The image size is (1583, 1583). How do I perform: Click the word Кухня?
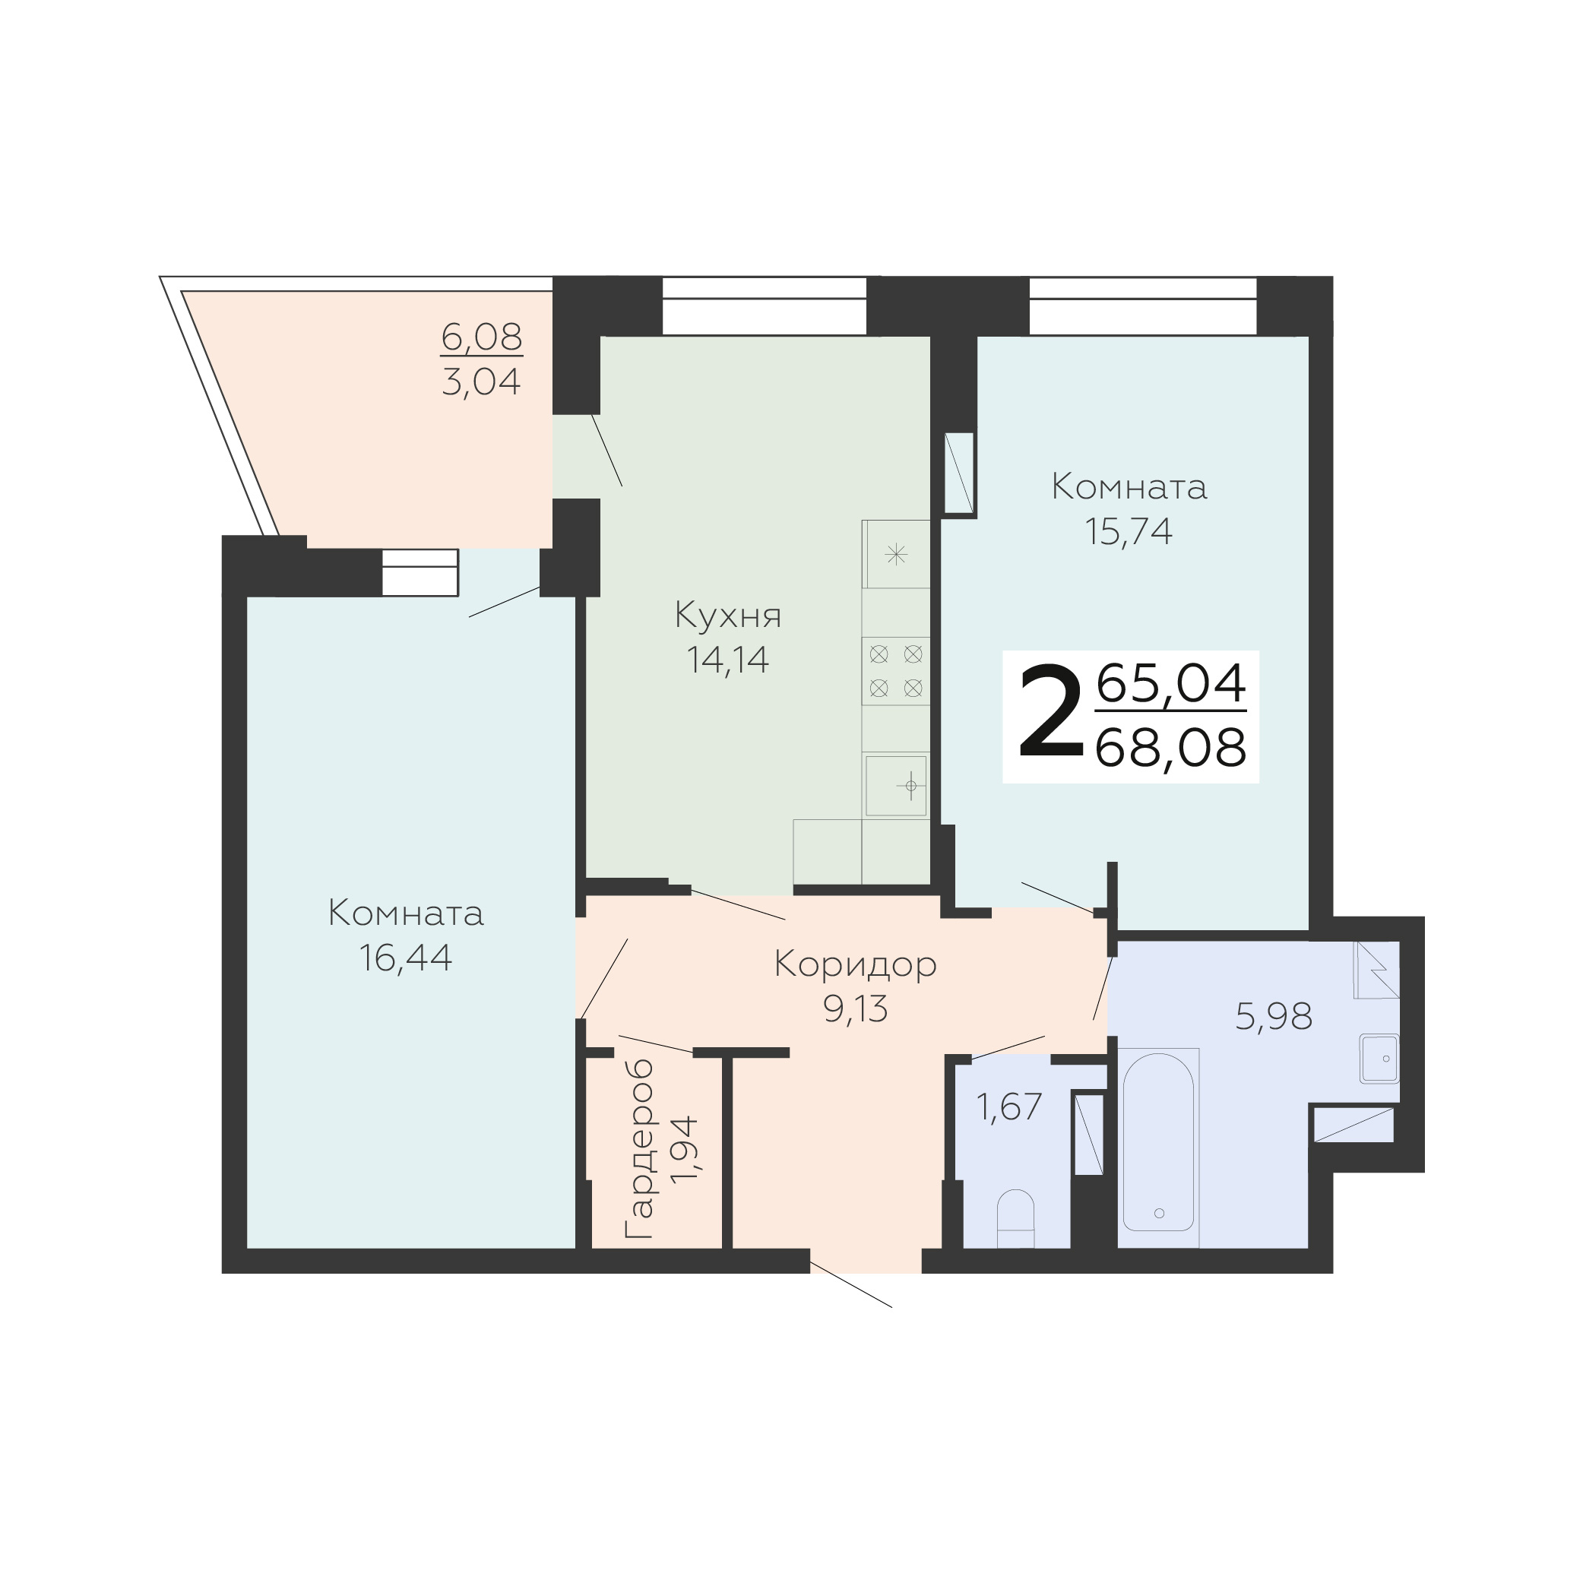[727, 616]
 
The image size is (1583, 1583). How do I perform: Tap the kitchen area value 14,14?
[727, 660]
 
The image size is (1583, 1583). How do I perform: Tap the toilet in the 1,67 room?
[1016, 1218]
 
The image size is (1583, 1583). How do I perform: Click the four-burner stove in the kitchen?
[895, 670]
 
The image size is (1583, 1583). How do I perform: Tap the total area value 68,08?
[1170, 748]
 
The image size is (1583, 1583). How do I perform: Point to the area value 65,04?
[1171, 684]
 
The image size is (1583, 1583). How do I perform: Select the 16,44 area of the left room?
[406, 957]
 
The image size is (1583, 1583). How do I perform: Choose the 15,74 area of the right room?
[1129, 531]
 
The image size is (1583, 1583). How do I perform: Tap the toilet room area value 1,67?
[1008, 1107]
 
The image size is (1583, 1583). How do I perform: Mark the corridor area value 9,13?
[856, 1009]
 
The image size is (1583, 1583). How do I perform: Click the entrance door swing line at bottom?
[850, 1284]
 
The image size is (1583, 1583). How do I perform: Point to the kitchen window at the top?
[765, 306]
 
